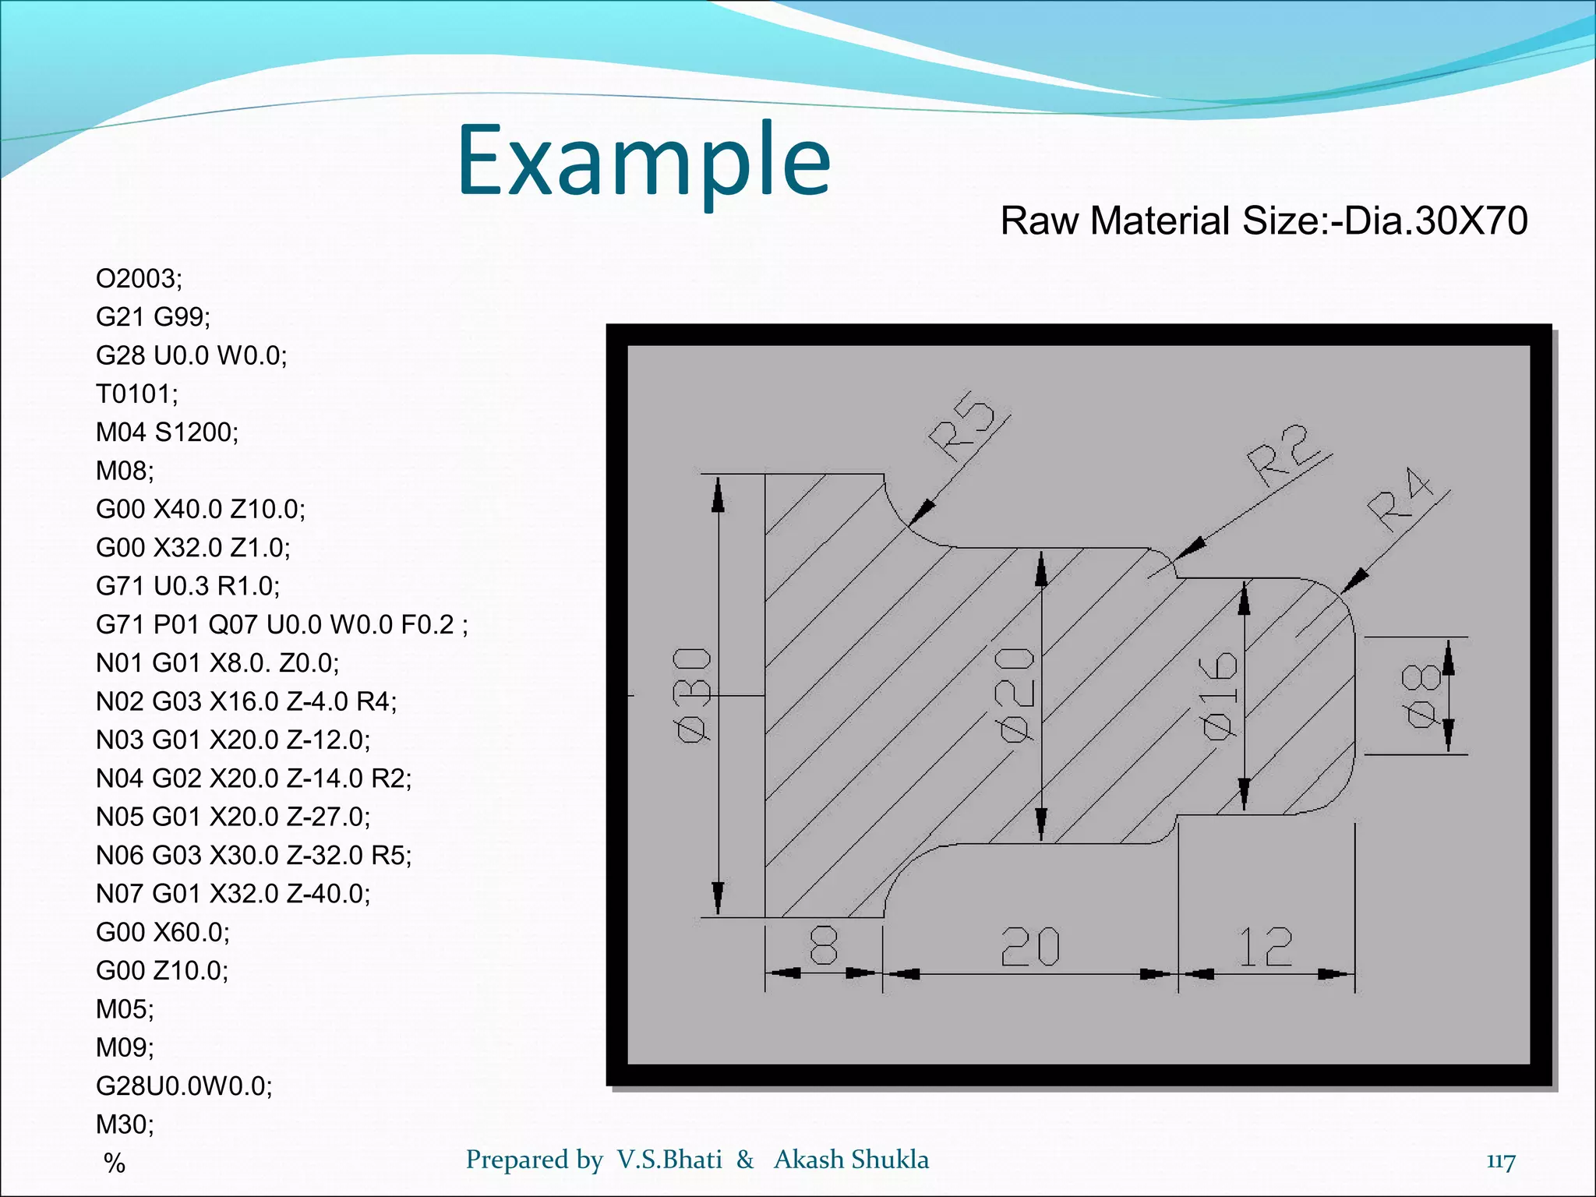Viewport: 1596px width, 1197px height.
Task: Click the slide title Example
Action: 644,161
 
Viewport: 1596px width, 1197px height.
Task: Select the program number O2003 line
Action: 139,278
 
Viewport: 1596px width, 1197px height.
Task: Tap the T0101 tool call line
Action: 136,394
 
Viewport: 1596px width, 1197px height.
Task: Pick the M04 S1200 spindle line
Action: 167,432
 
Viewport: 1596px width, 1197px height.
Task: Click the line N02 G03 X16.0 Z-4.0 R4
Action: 245,701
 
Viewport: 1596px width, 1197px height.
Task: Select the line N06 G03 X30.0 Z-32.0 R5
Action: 253,855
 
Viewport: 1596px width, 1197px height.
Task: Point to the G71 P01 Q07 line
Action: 281,624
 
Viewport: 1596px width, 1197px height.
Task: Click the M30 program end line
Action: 125,1124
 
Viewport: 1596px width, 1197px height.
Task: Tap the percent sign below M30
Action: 115,1163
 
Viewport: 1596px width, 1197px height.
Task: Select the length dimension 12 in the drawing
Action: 1266,947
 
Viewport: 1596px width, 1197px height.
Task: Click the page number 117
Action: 1500,1160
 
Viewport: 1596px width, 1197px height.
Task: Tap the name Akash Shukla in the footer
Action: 851,1160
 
